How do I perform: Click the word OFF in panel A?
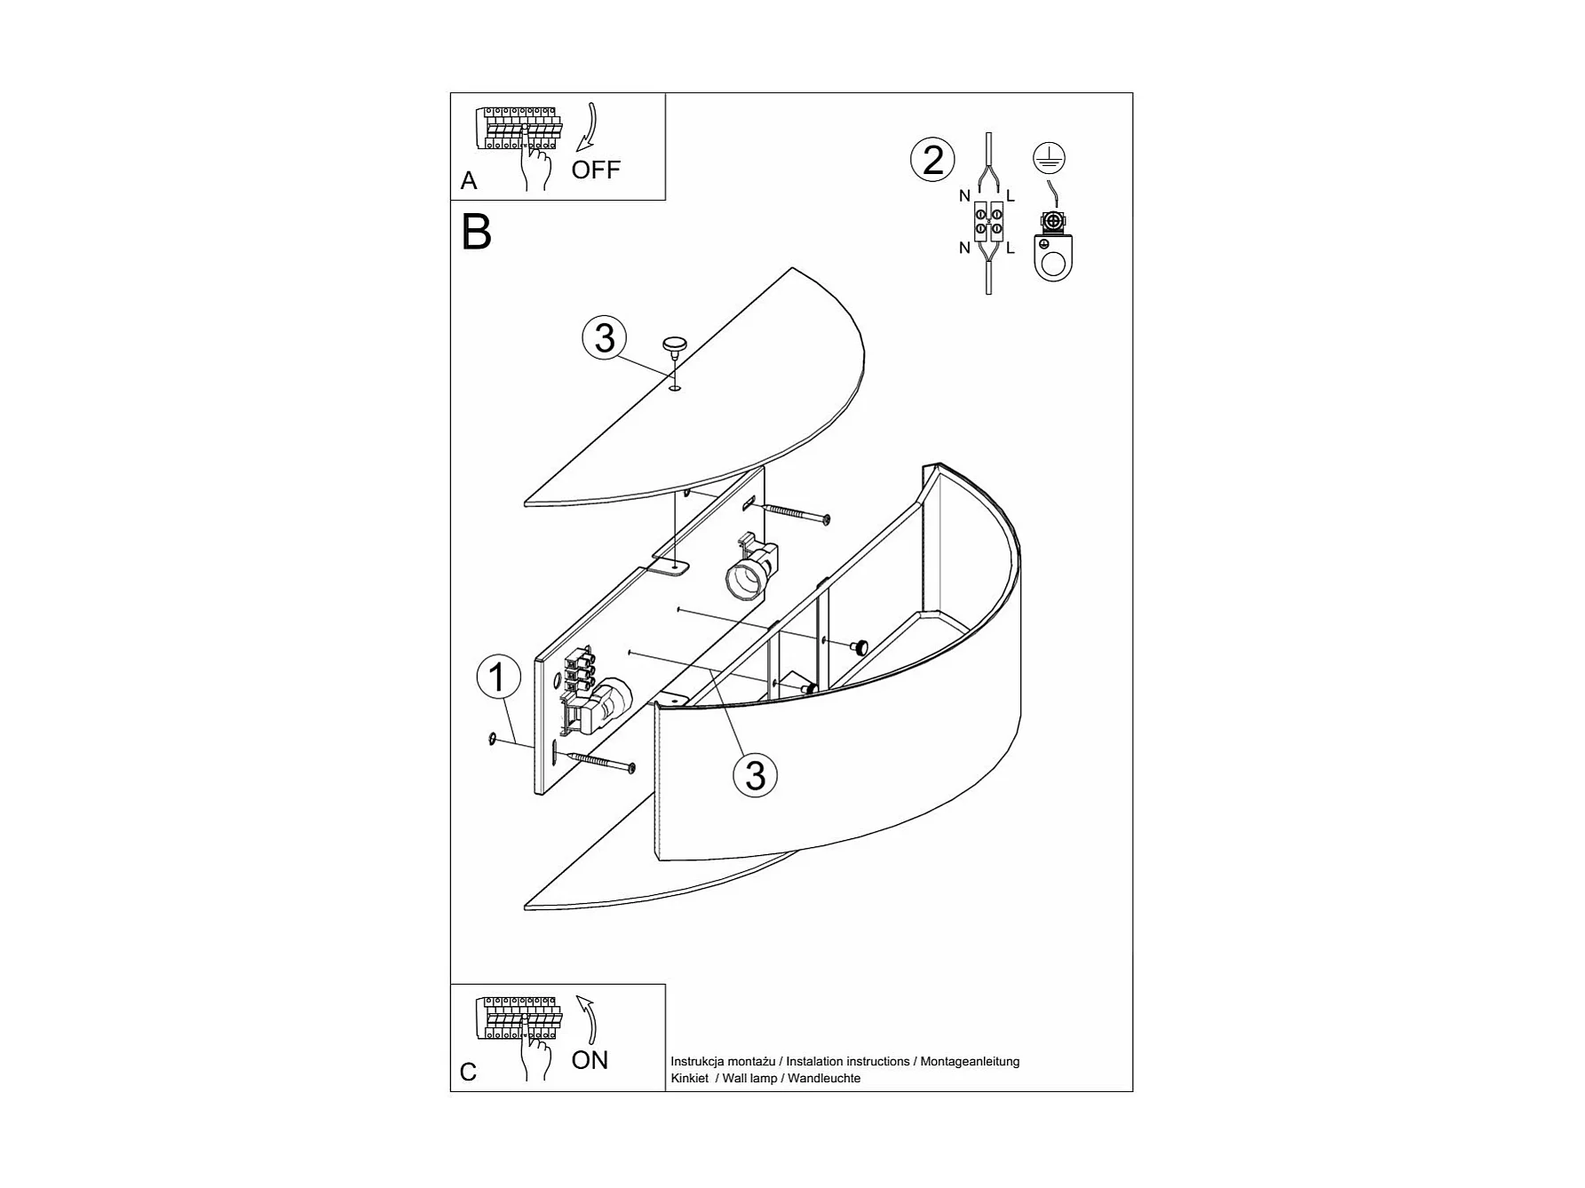(x=595, y=170)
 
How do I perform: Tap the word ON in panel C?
(x=590, y=1060)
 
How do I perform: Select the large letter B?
(x=477, y=233)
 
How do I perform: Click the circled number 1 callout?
(x=497, y=677)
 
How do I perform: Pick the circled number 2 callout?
(x=932, y=161)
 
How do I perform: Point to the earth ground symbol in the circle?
(x=1050, y=158)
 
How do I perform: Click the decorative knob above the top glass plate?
(x=675, y=345)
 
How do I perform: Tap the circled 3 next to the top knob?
(x=605, y=338)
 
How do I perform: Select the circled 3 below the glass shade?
(x=755, y=775)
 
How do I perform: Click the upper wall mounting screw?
(x=796, y=512)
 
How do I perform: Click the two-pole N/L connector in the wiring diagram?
(x=988, y=221)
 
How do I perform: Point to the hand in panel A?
(x=535, y=165)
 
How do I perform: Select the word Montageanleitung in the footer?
(x=970, y=1061)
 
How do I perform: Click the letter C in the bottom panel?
(x=468, y=1073)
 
